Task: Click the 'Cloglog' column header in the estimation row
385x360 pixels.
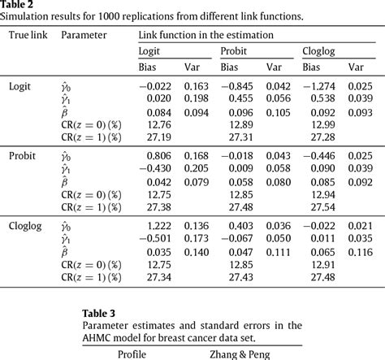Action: click(x=320, y=51)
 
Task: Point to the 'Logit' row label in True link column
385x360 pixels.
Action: click(x=22, y=86)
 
